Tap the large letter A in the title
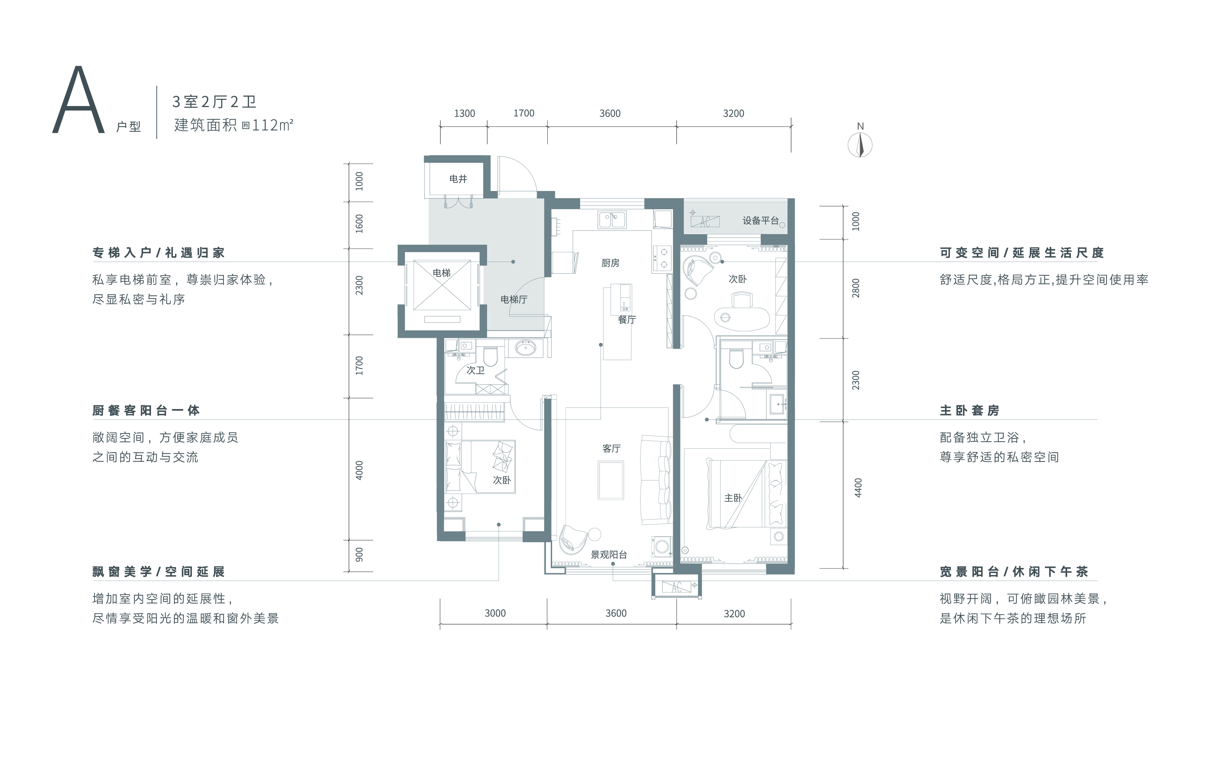[78, 99]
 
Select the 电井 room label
[458, 178]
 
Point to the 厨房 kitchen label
[611, 263]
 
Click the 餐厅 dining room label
[627, 319]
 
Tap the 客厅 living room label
[612, 448]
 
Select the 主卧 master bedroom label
[733, 498]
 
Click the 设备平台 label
[760, 220]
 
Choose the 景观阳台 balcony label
[609, 555]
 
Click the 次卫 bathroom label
[475, 370]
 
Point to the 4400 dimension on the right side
[858, 488]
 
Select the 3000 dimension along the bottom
[495, 613]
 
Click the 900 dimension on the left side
[359, 555]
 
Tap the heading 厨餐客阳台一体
[146, 411]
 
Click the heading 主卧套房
[970, 411]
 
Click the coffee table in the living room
[611, 480]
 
